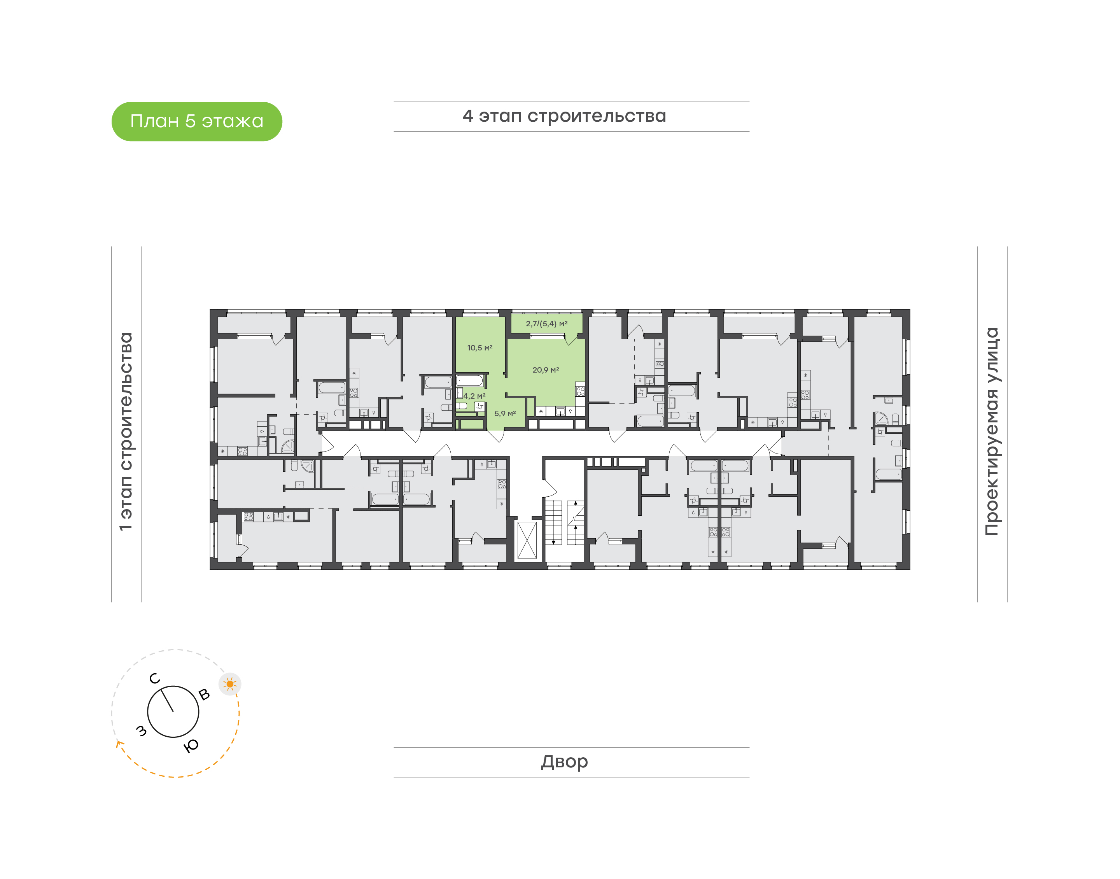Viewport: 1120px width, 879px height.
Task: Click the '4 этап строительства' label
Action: (x=564, y=117)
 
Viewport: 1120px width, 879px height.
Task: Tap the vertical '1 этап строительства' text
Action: (x=126, y=431)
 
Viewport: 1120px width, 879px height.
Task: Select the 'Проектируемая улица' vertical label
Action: (x=991, y=431)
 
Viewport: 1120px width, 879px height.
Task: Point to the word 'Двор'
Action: (x=564, y=762)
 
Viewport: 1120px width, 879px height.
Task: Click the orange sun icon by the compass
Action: (x=230, y=684)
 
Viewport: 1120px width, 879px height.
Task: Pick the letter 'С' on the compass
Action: (x=154, y=679)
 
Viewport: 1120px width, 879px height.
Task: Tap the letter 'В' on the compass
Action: (x=204, y=694)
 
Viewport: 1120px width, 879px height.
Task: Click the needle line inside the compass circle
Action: (x=167, y=700)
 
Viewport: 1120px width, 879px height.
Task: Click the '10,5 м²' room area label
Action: (x=479, y=348)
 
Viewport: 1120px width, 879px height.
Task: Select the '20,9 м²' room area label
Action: (x=545, y=370)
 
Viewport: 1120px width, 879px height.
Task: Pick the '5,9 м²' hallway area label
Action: (x=505, y=414)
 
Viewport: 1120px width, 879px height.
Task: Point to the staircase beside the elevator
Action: (x=564, y=522)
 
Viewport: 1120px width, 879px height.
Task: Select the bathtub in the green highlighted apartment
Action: (x=469, y=381)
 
